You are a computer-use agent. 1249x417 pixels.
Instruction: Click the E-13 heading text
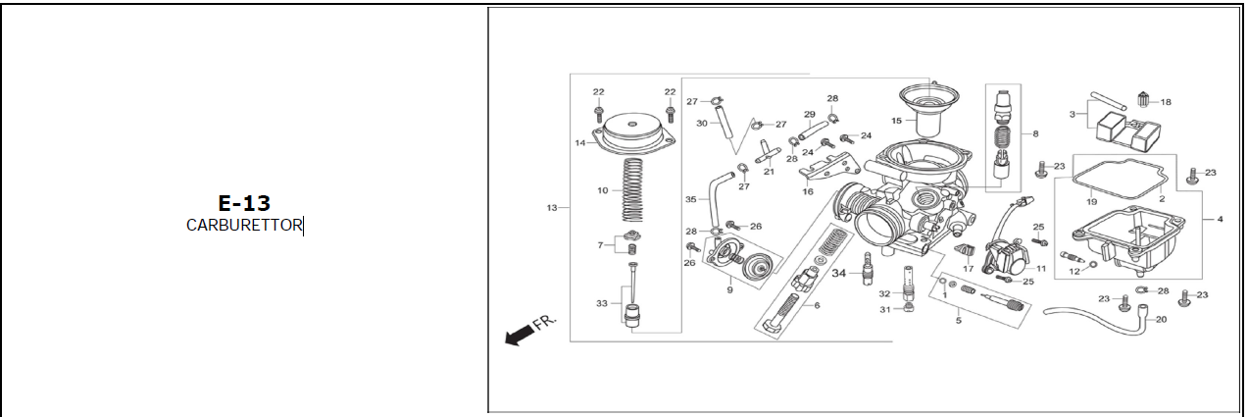click(x=244, y=203)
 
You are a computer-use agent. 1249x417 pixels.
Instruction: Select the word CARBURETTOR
click(x=244, y=226)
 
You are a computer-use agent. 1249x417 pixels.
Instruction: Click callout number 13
click(x=551, y=208)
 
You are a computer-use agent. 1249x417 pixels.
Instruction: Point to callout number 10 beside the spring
click(x=603, y=190)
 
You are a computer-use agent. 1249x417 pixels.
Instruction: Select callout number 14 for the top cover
click(x=580, y=143)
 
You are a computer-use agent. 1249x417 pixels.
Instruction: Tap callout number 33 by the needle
click(x=602, y=304)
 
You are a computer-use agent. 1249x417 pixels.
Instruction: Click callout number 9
click(x=729, y=290)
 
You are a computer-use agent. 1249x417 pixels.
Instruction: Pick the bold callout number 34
click(x=838, y=273)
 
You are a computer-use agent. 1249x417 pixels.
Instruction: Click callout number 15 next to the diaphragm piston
click(x=896, y=121)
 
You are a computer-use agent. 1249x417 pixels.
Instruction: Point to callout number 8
click(x=1035, y=134)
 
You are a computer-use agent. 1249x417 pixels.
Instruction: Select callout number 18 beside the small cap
click(x=1166, y=102)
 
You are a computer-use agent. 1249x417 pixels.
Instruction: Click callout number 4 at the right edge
click(x=1220, y=220)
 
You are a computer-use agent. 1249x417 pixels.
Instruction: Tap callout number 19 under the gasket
click(x=1092, y=201)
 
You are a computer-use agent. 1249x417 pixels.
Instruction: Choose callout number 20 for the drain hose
click(x=1162, y=319)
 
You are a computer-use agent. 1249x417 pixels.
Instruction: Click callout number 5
click(x=959, y=321)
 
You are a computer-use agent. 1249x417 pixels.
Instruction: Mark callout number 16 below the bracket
click(x=808, y=191)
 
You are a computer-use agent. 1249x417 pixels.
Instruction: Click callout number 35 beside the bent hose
click(x=691, y=199)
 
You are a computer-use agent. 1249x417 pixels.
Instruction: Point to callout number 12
click(x=1074, y=272)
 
